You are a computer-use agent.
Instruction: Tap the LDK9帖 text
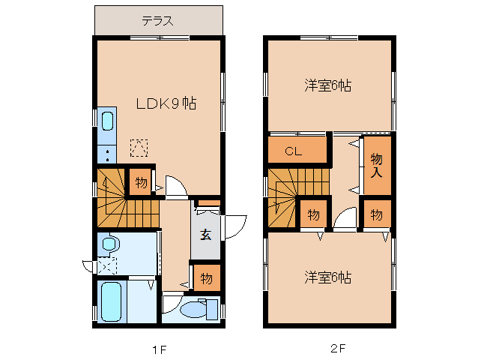(x=166, y=104)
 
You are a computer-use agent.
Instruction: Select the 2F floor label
(x=339, y=348)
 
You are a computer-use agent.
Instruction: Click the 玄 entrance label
(x=205, y=232)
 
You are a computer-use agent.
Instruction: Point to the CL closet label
(x=293, y=151)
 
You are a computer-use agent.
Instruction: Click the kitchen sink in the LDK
(x=106, y=121)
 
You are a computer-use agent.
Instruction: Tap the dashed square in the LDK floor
(x=139, y=148)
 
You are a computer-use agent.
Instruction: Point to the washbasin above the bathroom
(x=110, y=244)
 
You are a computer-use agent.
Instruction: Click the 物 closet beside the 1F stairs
(x=140, y=181)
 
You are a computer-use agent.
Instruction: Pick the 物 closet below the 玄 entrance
(x=206, y=278)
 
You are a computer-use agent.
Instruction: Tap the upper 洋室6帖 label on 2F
(x=327, y=85)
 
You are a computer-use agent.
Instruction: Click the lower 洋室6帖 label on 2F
(x=327, y=277)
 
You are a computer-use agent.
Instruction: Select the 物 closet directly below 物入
(x=377, y=215)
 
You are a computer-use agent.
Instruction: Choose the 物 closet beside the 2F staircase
(x=313, y=215)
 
